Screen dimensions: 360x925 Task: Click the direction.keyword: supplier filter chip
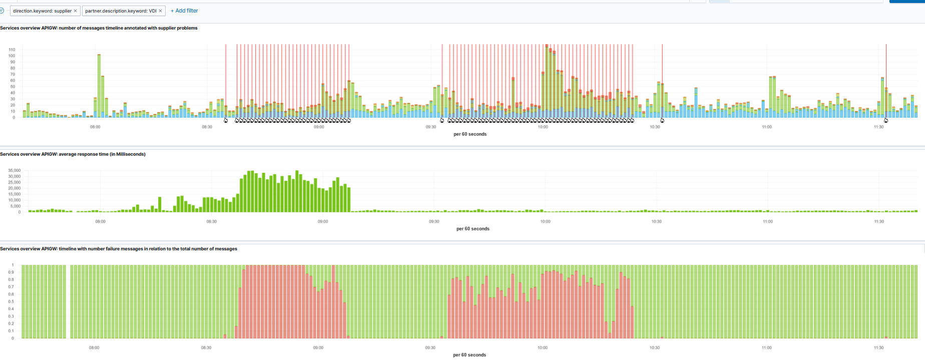pos(42,11)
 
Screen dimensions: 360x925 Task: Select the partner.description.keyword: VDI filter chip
pos(121,11)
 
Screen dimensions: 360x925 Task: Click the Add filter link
pos(184,11)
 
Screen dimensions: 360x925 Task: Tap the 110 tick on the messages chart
pos(12,50)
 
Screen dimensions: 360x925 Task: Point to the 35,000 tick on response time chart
pos(14,170)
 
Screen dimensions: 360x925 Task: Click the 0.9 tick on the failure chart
pos(11,272)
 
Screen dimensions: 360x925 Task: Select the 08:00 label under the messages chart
pos(95,127)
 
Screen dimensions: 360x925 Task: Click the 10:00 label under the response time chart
pos(545,221)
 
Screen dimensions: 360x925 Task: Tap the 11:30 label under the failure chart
pos(878,347)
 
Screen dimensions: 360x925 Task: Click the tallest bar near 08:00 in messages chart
pos(99,85)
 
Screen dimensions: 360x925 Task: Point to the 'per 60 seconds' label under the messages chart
pos(470,134)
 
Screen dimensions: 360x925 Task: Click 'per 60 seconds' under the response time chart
pos(473,229)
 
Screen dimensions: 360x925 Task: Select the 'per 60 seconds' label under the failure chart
pos(469,355)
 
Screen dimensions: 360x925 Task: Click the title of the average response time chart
pos(73,154)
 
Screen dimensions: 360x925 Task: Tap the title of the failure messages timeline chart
pos(119,249)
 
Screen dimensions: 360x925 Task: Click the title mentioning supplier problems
pos(99,28)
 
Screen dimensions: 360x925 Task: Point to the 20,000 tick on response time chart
pos(14,188)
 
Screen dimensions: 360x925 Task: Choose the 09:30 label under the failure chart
pos(430,347)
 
